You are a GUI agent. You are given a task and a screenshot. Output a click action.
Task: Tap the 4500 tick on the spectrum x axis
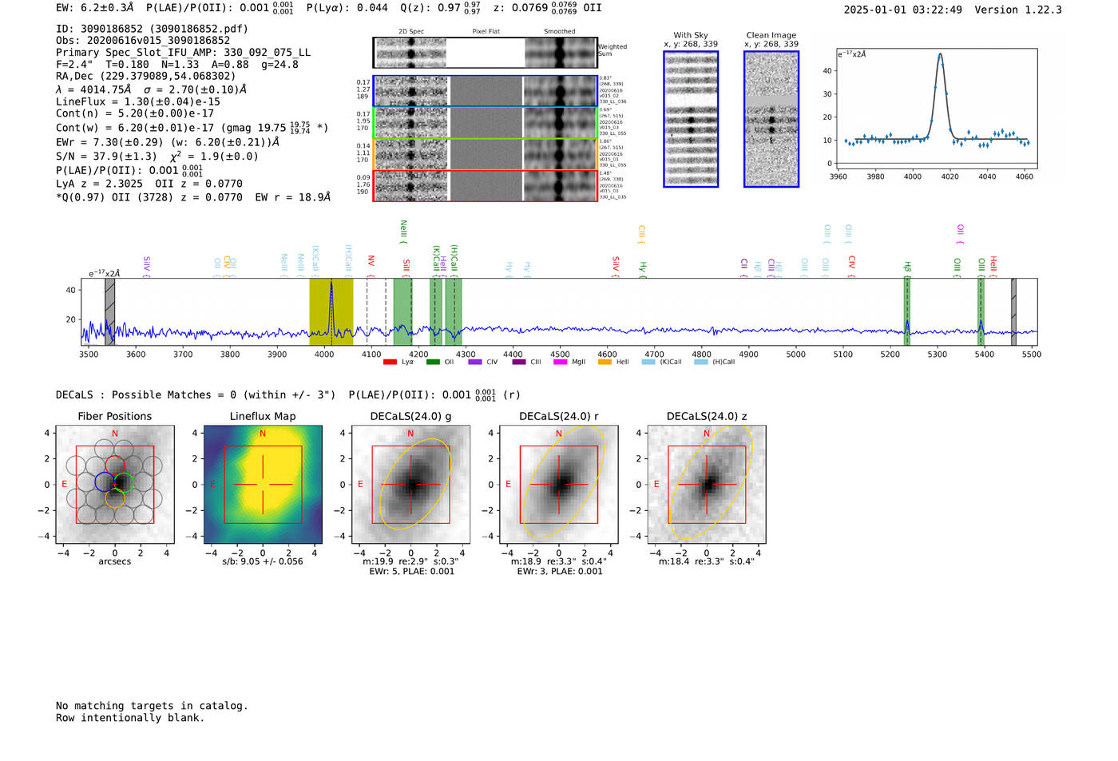[x=560, y=355]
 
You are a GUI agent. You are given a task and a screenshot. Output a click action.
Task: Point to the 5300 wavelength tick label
[x=937, y=355]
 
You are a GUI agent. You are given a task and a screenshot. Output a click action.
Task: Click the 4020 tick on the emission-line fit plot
[x=950, y=176]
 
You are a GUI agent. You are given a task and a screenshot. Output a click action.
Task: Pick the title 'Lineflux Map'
[x=263, y=416]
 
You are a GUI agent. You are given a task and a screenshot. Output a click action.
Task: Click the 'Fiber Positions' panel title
[x=115, y=416]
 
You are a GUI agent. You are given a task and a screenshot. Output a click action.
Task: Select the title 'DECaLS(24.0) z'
[x=706, y=416]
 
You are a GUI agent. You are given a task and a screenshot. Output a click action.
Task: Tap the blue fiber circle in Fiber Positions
[x=105, y=482]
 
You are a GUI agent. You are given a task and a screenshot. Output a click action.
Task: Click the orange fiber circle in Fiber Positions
[x=115, y=498]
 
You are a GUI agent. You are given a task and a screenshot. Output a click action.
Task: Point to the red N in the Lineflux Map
[x=263, y=434]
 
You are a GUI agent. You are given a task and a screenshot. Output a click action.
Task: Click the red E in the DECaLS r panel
[x=509, y=485]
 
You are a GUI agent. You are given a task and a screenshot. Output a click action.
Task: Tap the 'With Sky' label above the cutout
[x=691, y=35]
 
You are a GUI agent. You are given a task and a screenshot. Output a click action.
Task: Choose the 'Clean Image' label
[x=771, y=35]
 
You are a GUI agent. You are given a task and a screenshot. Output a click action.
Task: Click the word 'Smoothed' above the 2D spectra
[x=559, y=32]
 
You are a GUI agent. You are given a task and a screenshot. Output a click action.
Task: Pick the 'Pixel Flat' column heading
[x=486, y=32]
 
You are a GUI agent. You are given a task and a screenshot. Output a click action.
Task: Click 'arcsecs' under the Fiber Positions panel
[x=115, y=561]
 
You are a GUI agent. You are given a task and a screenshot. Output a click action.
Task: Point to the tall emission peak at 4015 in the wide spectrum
[x=331, y=283]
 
